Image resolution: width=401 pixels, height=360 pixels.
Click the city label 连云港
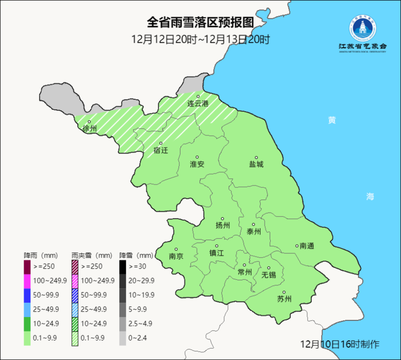[198, 104]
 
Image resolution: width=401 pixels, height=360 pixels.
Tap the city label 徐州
[90, 129]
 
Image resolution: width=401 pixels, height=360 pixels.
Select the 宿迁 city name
[161, 150]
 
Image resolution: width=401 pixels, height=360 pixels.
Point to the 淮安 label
[197, 164]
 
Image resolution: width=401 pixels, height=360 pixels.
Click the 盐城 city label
[256, 164]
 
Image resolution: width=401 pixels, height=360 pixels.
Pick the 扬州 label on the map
[223, 225]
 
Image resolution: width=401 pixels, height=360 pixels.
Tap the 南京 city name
[176, 256]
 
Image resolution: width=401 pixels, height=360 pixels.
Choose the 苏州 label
[284, 299]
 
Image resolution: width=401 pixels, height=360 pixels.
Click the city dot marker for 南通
[297, 246]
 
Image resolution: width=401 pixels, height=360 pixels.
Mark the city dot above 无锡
[269, 268]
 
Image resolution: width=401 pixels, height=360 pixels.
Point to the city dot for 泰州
[254, 224]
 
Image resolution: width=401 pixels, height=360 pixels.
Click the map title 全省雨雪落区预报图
[200, 23]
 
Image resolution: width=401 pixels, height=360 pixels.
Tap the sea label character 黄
[332, 120]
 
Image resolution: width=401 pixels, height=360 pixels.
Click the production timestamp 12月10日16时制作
[340, 344]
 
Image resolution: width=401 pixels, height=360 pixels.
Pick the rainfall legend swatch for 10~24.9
[27, 324]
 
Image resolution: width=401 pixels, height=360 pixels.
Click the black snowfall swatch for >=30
[123, 266]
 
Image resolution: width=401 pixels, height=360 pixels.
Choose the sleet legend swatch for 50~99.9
[75, 295]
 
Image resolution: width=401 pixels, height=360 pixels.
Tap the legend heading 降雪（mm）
[136, 256]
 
